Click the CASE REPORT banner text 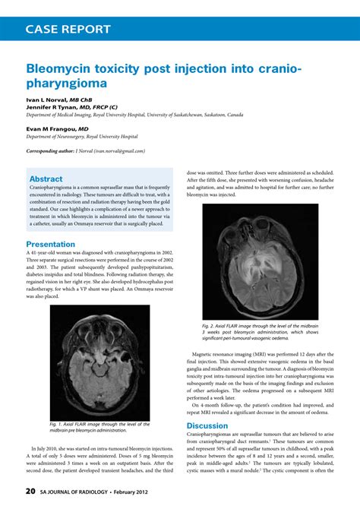[68, 30]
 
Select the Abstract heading [46, 179]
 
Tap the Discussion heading [208, 426]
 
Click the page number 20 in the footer [30, 491]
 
